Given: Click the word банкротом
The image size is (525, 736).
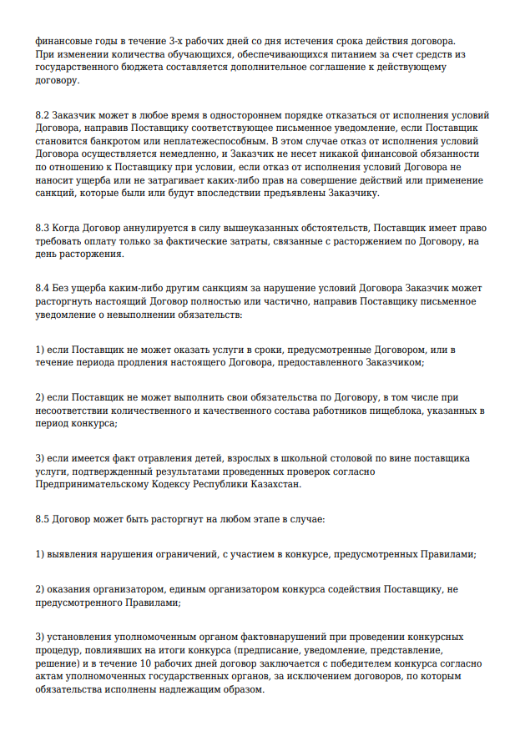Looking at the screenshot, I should tap(103, 141).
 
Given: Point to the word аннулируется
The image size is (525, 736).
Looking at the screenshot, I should tap(145, 228).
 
